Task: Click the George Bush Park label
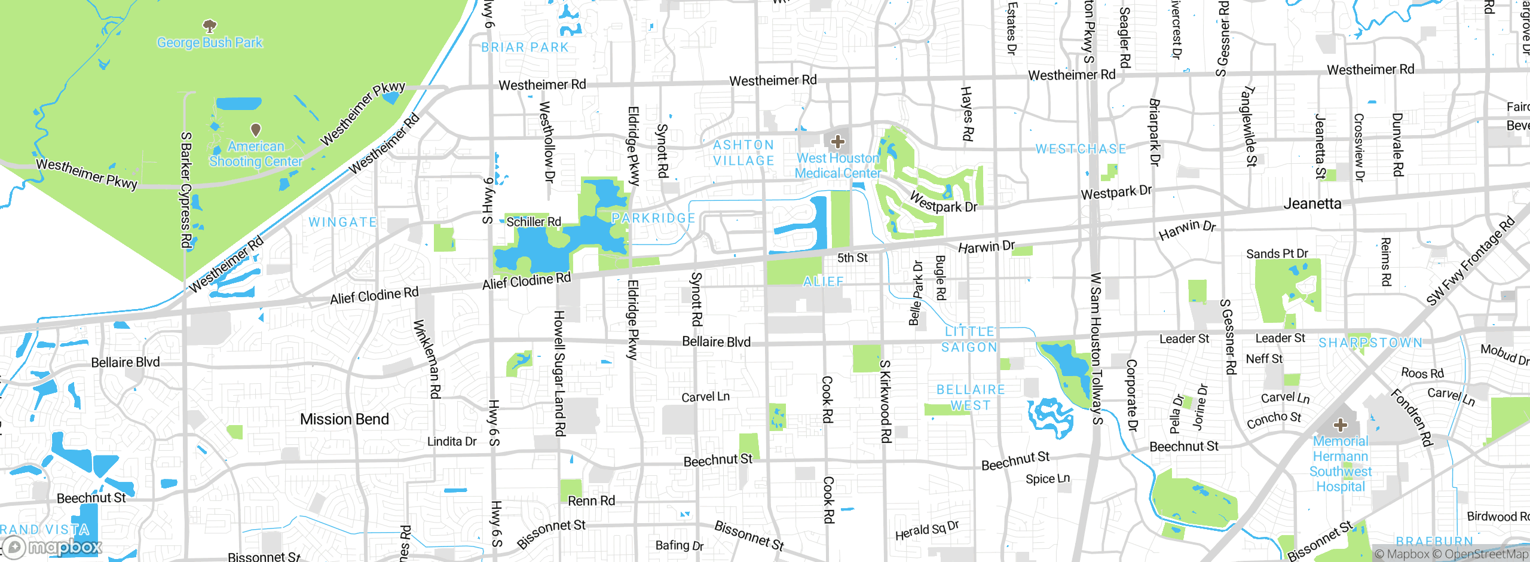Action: coord(209,42)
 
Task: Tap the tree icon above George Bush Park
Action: coord(209,26)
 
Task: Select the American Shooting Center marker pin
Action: coord(256,129)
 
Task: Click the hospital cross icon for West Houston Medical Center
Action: coord(837,142)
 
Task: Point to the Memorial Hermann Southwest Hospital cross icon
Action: coord(1341,425)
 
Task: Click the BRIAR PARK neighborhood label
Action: coord(525,47)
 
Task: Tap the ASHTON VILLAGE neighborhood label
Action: coord(743,153)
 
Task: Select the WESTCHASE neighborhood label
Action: coord(1081,149)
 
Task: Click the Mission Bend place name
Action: coord(344,419)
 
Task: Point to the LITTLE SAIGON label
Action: coord(969,339)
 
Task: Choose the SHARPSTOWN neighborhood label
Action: coord(1370,343)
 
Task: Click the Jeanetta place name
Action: coord(1312,204)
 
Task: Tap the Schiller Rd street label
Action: coord(534,222)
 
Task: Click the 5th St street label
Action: coord(852,258)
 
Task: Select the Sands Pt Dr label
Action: coord(1277,253)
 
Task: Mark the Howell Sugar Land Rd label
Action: coord(559,373)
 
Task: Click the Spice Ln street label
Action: coord(1048,479)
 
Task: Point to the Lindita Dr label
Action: coord(452,441)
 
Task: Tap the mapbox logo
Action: coord(53,546)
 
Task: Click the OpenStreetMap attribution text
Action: coord(1486,554)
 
